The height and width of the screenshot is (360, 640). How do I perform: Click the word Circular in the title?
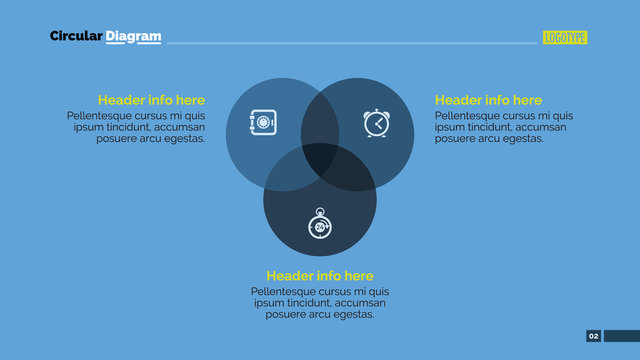[76, 37]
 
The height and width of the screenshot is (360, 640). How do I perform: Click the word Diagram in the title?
[134, 37]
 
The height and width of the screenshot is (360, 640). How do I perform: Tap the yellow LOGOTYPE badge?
[565, 38]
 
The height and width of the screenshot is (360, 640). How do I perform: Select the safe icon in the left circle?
[262, 123]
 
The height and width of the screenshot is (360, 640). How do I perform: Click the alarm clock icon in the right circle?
[376, 123]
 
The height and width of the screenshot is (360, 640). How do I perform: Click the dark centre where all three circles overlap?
[320, 160]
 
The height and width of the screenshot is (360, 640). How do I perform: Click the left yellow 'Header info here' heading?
[151, 100]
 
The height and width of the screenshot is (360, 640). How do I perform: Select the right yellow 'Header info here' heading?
[488, 100]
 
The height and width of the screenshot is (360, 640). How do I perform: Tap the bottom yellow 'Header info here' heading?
[320, 276]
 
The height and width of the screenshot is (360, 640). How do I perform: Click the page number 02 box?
[593, 336]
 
